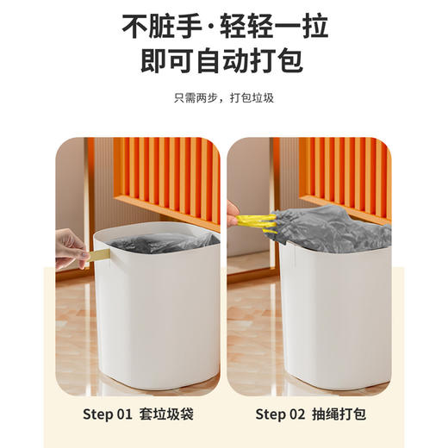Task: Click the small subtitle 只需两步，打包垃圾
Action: (224, 98)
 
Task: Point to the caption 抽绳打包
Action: (342, 414)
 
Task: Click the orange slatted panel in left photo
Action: (164, 172)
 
